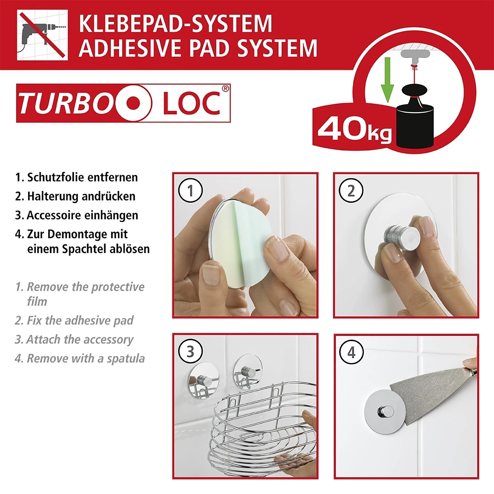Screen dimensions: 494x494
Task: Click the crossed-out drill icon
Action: tap(42, 35)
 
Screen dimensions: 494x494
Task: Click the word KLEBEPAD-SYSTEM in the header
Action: tap(175, 24)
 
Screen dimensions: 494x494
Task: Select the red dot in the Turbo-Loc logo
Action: tap(134, 103)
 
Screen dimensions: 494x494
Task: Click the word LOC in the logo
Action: tap(192, 103)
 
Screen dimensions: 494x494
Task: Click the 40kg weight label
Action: tap(354, 130)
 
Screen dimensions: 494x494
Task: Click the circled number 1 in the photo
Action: tap(190, 190)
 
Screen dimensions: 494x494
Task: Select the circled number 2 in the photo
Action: tap(351, 191)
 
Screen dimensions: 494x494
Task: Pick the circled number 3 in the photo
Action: tap(190, 352)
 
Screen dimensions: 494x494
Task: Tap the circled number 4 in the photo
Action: tap(351, 352)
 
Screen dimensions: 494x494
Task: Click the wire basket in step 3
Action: tap(260, 428)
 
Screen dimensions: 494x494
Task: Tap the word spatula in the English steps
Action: tap(126, 358)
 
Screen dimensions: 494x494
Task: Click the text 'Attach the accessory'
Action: tap(80, 339)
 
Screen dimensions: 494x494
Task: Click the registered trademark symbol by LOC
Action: tap(225, 88)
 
